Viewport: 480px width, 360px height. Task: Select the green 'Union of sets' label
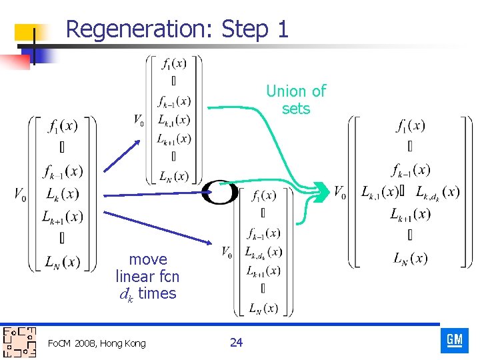click(x=296, y=99)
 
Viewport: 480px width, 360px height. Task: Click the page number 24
click(x=236, y=343)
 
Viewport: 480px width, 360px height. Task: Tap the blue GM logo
click(x=455, y=340)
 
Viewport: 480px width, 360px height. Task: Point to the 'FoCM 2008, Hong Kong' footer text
click(x=97, y=343)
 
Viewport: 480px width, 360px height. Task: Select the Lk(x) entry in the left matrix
click(x=61, y=194)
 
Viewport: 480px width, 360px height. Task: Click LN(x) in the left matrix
click(x=61, y=262)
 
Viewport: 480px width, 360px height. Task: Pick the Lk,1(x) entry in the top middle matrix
click(x=175, y=120)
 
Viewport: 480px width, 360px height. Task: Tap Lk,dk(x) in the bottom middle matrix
click(x=263, y=252)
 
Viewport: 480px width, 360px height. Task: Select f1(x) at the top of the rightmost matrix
click(x=411, y=125)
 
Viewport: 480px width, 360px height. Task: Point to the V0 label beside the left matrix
click(x=21, y=194)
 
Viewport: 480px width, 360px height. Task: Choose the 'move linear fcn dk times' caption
click(x=147, y=276)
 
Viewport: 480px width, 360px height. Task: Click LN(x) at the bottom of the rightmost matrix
click(x=411, y=257)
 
